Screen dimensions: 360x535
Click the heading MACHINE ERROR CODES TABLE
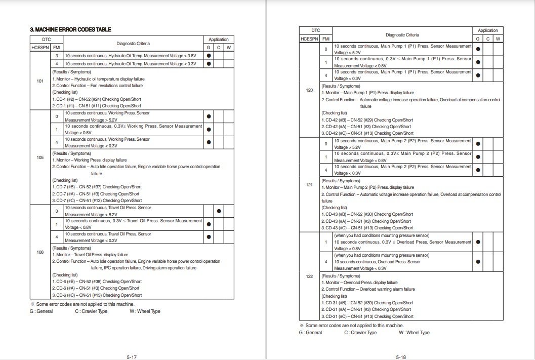(70, 30)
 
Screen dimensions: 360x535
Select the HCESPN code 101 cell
(40, 81)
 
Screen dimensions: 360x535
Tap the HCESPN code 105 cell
(40, 157)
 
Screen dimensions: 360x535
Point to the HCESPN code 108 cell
(40, 252)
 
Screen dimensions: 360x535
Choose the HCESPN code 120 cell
(310, 90)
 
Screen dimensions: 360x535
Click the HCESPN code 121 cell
(310, 185)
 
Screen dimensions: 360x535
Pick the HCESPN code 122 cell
(310, 276)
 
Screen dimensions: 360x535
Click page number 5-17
(132, 357)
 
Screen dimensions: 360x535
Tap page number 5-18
(401, 357)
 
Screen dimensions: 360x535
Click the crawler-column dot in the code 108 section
(219, 211)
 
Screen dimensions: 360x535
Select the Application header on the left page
(219, 39)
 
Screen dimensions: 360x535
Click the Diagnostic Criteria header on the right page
(402, 35)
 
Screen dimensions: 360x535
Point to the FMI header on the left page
(56, 48)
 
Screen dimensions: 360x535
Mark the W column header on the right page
(498, 38)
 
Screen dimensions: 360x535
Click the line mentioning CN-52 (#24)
(97, 99)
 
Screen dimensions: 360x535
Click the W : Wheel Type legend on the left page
(145, 311)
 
